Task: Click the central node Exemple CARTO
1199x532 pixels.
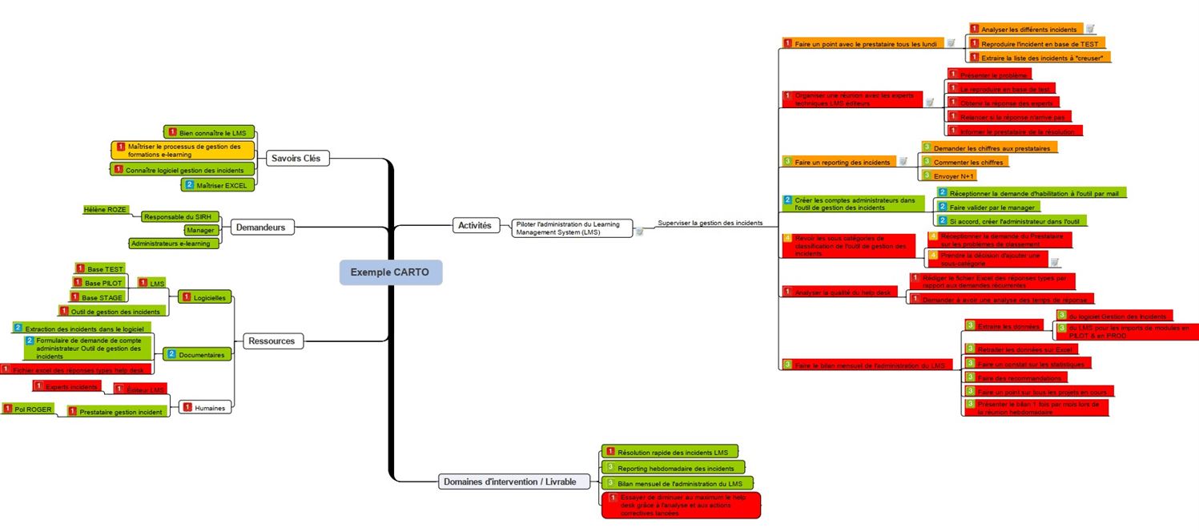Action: (390, 272)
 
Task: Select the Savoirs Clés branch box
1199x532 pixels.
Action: (295, 159)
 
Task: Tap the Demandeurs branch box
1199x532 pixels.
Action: (260, 228)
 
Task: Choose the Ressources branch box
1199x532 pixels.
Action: (272, 341)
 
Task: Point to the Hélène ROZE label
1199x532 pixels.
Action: (105, 210)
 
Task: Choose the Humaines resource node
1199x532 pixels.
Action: (205, 408)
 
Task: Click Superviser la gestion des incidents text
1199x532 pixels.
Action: (709, 223)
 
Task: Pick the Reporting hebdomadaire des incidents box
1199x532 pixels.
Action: (674, 468)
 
